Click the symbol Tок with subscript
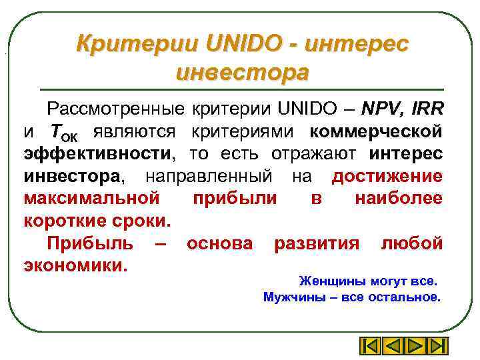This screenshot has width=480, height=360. tap(64, 131)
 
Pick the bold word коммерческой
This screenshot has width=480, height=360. tap(376, 130)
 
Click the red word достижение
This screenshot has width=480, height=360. tap(387, 175)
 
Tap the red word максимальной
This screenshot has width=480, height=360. tap(91, 198)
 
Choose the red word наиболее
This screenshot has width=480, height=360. tap(399, 198)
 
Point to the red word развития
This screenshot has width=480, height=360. tap(316, 243)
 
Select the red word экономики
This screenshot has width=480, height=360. tap(74, 265)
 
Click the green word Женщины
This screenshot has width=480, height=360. tap(327, 281)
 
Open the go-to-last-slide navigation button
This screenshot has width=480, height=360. tap(437, 346)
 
